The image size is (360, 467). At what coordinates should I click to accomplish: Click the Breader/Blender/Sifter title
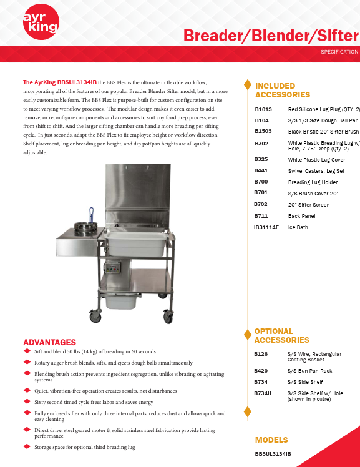[271, 36]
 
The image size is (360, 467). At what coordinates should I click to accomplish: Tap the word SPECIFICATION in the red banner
[339, 52]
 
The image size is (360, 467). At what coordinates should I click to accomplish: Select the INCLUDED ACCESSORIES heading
[283, 90]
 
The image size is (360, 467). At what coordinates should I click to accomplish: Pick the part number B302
[262, 144]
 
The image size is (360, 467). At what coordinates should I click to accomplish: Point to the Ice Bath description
[298, 227]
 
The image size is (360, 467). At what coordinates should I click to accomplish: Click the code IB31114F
[266, 227]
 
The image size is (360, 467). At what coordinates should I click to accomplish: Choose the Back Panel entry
[301, 215]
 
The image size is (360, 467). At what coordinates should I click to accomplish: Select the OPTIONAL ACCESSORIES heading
[281, 335]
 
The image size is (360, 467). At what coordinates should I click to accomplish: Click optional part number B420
[262, 371]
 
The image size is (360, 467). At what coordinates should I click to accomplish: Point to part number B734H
[264, 393]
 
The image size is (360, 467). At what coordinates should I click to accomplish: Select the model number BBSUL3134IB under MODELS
[273, 453]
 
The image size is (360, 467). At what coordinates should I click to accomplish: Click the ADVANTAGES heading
[49, 342]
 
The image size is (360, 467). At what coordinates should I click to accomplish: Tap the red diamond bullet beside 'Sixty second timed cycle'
[26, 401]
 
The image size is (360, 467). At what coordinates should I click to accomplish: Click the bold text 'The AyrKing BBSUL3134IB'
[59, 82]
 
